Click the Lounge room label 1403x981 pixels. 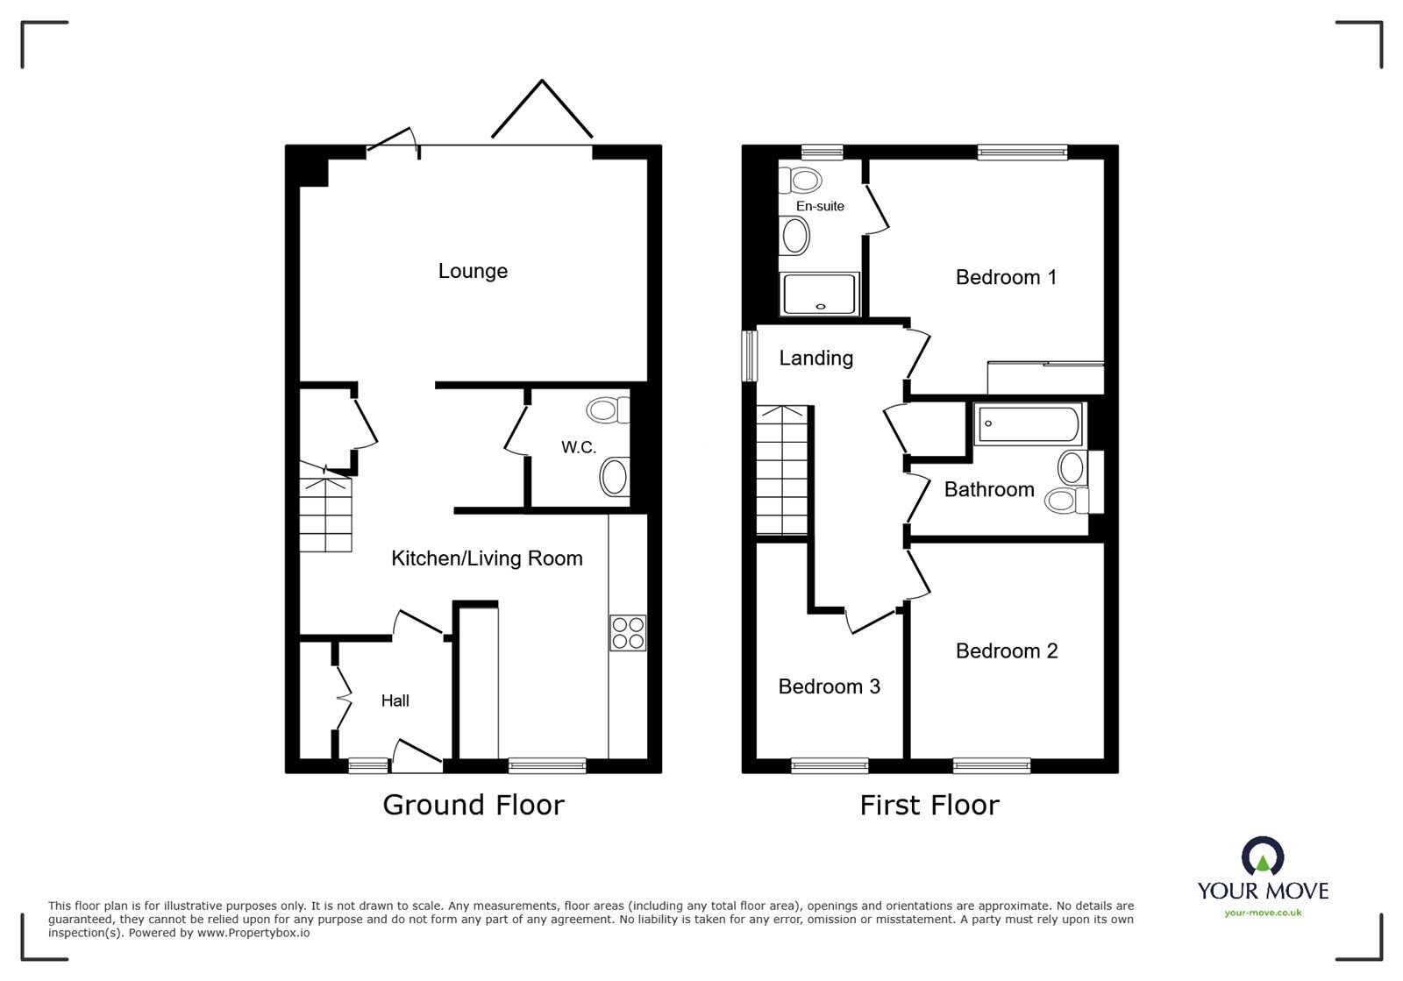click(x=473, y=271)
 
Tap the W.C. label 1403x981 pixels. click(x=579, y=447)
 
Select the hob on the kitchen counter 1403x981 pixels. click(x=628, y=633)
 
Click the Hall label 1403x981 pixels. click(x=395, y=700)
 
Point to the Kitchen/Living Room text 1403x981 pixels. click(x=487, y=558)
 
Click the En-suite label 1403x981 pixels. click(x=820, y=206)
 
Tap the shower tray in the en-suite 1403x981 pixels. click(x=820, y=294)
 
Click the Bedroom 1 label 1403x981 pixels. click(x=1006, y=277)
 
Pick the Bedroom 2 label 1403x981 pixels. click(x=1007, y=650)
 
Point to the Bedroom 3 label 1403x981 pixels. click(x=829, y=686)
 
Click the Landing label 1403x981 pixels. click(x=815, y=358)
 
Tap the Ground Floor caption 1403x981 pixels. click(x=474, y=805)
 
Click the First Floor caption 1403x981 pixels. click(x=929, y=805)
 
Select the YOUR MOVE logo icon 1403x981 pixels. click(x=1263, y=856)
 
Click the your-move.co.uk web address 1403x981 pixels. click(x=1263, y=913)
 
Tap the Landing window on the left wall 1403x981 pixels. click(x=750, y=355)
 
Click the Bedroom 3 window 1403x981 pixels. click(x=830, y=765)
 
